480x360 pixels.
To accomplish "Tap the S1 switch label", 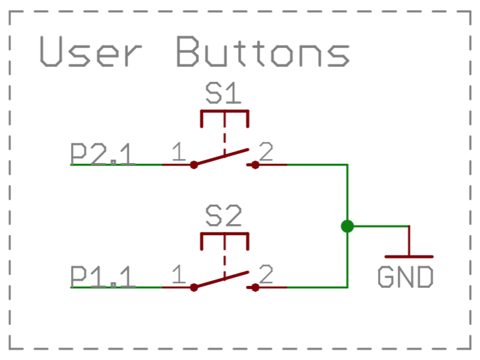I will tap(223, 96).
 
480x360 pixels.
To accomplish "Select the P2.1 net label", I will tap(103, 155).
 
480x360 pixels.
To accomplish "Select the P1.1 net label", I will tap(103, 277).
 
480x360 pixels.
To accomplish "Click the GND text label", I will tap(405, 277).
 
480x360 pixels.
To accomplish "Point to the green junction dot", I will tap(347, 226).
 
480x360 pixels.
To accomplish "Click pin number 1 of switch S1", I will tap(178, 153).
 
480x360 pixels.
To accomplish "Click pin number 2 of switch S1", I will tap(266, 153).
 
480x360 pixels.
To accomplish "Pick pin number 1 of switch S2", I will tap(178, 275).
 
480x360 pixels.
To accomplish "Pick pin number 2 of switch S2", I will tap(266, 275).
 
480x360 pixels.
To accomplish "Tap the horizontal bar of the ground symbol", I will tap(408, 257).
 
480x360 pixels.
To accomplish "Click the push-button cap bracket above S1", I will tap(224, 112).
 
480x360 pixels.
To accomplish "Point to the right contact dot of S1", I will tap(256, 165).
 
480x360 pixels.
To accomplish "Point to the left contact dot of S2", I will tap(193, 287).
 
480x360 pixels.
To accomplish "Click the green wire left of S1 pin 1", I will tap(117, 164).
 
